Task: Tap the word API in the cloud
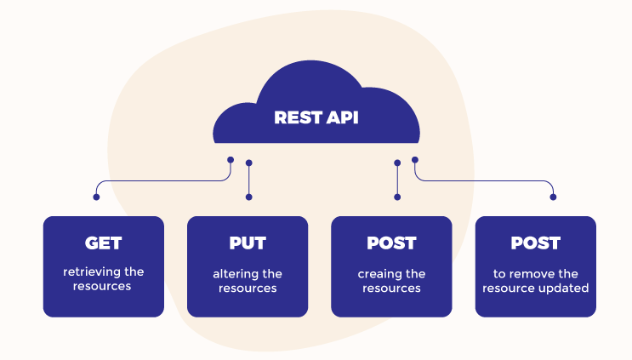(x=339, y=117)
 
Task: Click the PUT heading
(x=247, y=243)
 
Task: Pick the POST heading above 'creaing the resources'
(x=391, y=243)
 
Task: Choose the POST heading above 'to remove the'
(x=535, y=243)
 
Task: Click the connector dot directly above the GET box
(x=96, y=197)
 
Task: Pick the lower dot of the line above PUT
(x=248, y=197)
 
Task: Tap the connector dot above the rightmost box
(x=553, y=197)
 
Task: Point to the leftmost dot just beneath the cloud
(x=231, y=159)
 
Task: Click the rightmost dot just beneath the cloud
(x=415, y=159)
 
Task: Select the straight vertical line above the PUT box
(x=248, y=180)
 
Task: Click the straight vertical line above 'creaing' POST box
(x=397, y=180)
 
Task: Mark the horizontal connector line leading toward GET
(x=162, y=180)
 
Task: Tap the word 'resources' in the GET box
(x=103, y=287)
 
